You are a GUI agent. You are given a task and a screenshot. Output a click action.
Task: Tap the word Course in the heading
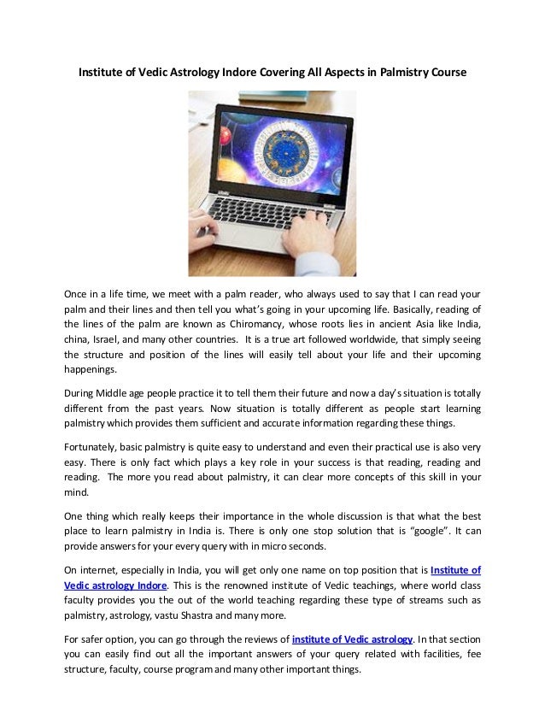click(446, 73)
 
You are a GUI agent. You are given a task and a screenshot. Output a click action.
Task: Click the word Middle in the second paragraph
click(118, 395)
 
